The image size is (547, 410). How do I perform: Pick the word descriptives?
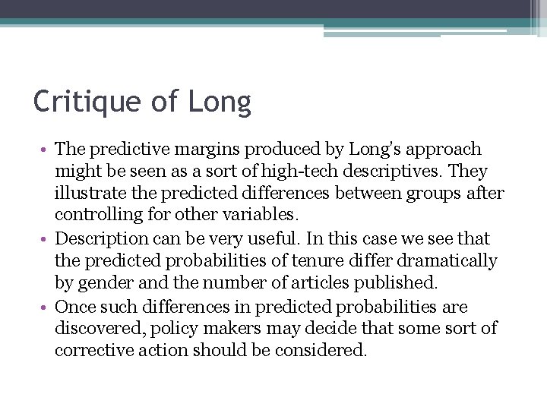pyautogui.click(x=377, y=172)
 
